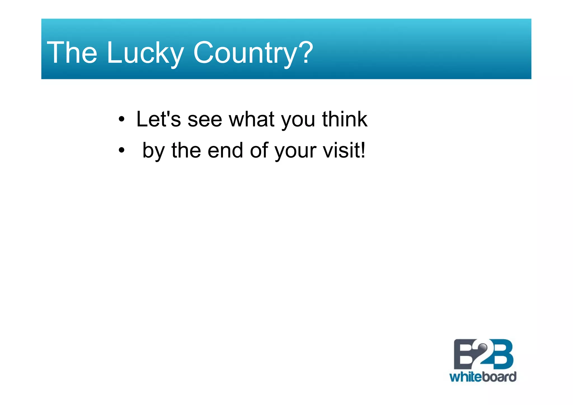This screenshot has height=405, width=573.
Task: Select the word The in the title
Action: pyautogui.click(x=72, y=53)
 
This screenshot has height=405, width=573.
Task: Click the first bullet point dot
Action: pyautogui.click(x=121, y=120)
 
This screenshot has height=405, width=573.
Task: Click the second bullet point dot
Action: pyautogui.click(x=121, y=151)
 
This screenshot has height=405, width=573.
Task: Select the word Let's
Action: pyautogui.click(x=158, y=119)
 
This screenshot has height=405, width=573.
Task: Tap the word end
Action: pyautogui.click(x=225, y=151)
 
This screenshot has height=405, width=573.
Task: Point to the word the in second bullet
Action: pyautogui.click(x=186, y=151)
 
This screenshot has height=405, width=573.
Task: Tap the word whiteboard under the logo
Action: pyautogui.click(x=483, y=377)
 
